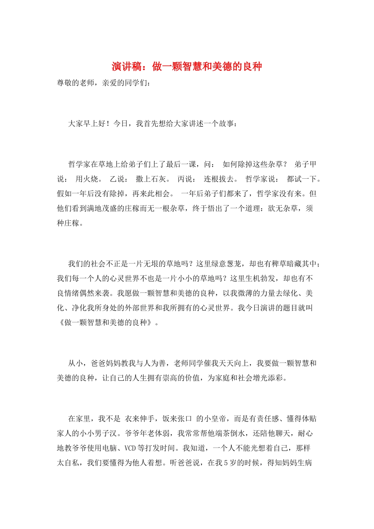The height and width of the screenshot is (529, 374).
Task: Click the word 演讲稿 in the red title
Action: pyautogui.click(x=126, y=67)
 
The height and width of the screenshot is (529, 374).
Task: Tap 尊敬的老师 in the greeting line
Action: pyautogui.click(x=76, y=83)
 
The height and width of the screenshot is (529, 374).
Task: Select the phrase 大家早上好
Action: pyautogui.click(x=87, y=124)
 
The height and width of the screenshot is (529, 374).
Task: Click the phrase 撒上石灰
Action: pyautogui.click(x=151, y=179)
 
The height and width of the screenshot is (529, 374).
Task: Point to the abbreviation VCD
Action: pyautogui.click(x=130, y=448)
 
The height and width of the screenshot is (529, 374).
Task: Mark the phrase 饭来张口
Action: pyautogui.click(x=178, y=419)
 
